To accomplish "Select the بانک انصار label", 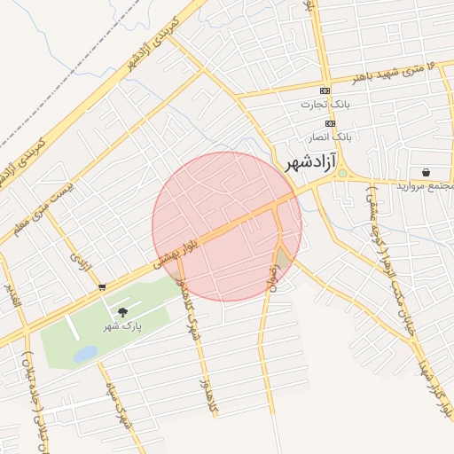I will click(330, 137).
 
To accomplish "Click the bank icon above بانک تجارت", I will click(325, 91).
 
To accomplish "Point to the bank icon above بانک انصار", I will click(330, 123).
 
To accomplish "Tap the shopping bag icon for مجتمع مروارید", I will click(427, 172).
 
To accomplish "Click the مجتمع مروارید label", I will click(426, 186).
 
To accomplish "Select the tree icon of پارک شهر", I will click(122, 311).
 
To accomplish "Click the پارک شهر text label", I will click(124, 325).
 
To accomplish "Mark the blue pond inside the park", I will click(85, 354).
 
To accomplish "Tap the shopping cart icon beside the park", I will click(103, 286).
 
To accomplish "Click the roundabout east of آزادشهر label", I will click(342, 174).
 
